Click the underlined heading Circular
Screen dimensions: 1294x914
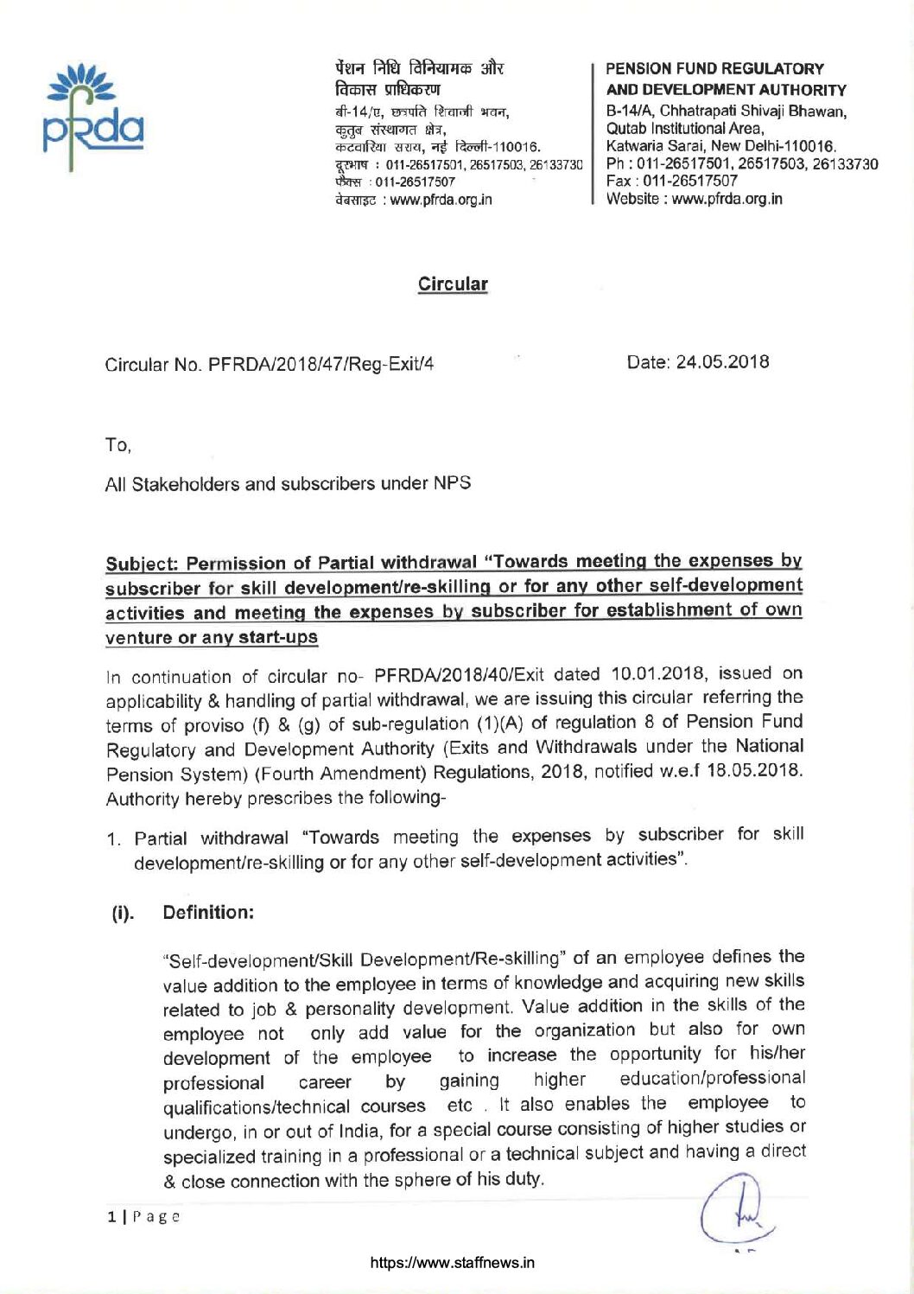pos(453,284)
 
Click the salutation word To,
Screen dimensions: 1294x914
pos(117,445)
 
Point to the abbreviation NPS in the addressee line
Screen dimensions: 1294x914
pos(452,482)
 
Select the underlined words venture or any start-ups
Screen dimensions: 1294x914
pos(211,638)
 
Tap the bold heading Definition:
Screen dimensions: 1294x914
pos(207,912)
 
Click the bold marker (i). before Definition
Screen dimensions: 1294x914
pos(123,913)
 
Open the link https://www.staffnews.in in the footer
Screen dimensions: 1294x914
pos(452,1262)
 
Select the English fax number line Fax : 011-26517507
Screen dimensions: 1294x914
pos(672,181)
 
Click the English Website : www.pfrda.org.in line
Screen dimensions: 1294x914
pos(694,199)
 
